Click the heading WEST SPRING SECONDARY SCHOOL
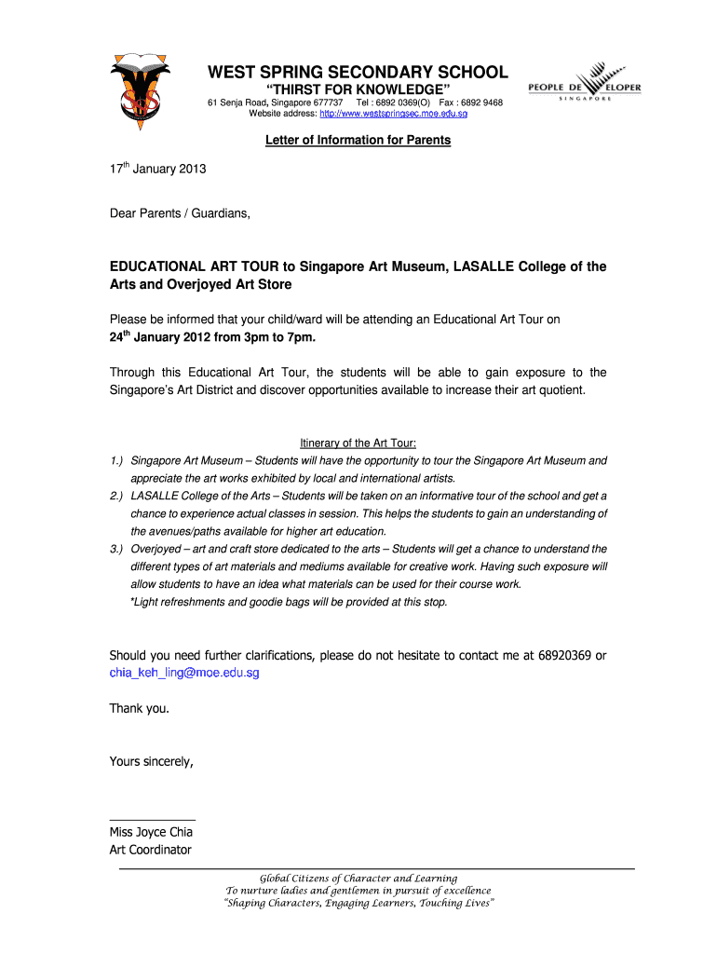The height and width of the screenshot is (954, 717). point(357,73)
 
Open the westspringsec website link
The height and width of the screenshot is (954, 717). point(393,114)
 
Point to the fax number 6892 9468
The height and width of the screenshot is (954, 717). point(481,102)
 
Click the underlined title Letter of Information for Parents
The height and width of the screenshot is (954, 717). point(358,140)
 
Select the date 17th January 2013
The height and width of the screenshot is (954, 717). point(157,170)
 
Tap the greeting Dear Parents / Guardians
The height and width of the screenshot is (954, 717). point(180,213)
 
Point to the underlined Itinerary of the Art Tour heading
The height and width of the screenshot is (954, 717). point(358,443)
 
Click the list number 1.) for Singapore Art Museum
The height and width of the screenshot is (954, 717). point(116,461)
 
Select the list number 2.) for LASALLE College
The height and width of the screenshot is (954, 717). point(116,497)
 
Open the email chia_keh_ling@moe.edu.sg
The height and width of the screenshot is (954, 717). point(184,673)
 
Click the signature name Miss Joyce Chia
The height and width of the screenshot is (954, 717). point(151,832)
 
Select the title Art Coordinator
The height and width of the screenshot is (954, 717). point(150,850)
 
